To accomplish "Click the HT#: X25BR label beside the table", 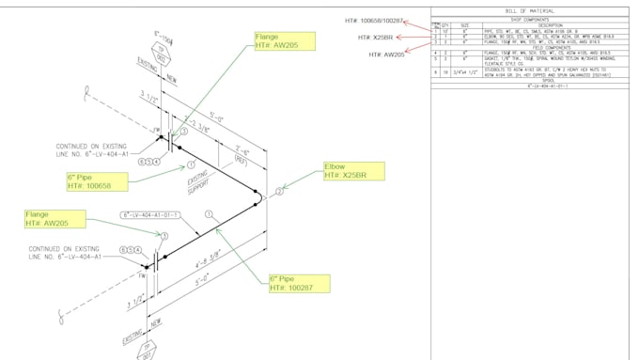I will click(375, 38).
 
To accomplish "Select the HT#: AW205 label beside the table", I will click(386, 55).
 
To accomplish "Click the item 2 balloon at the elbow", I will click(279, 192).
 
